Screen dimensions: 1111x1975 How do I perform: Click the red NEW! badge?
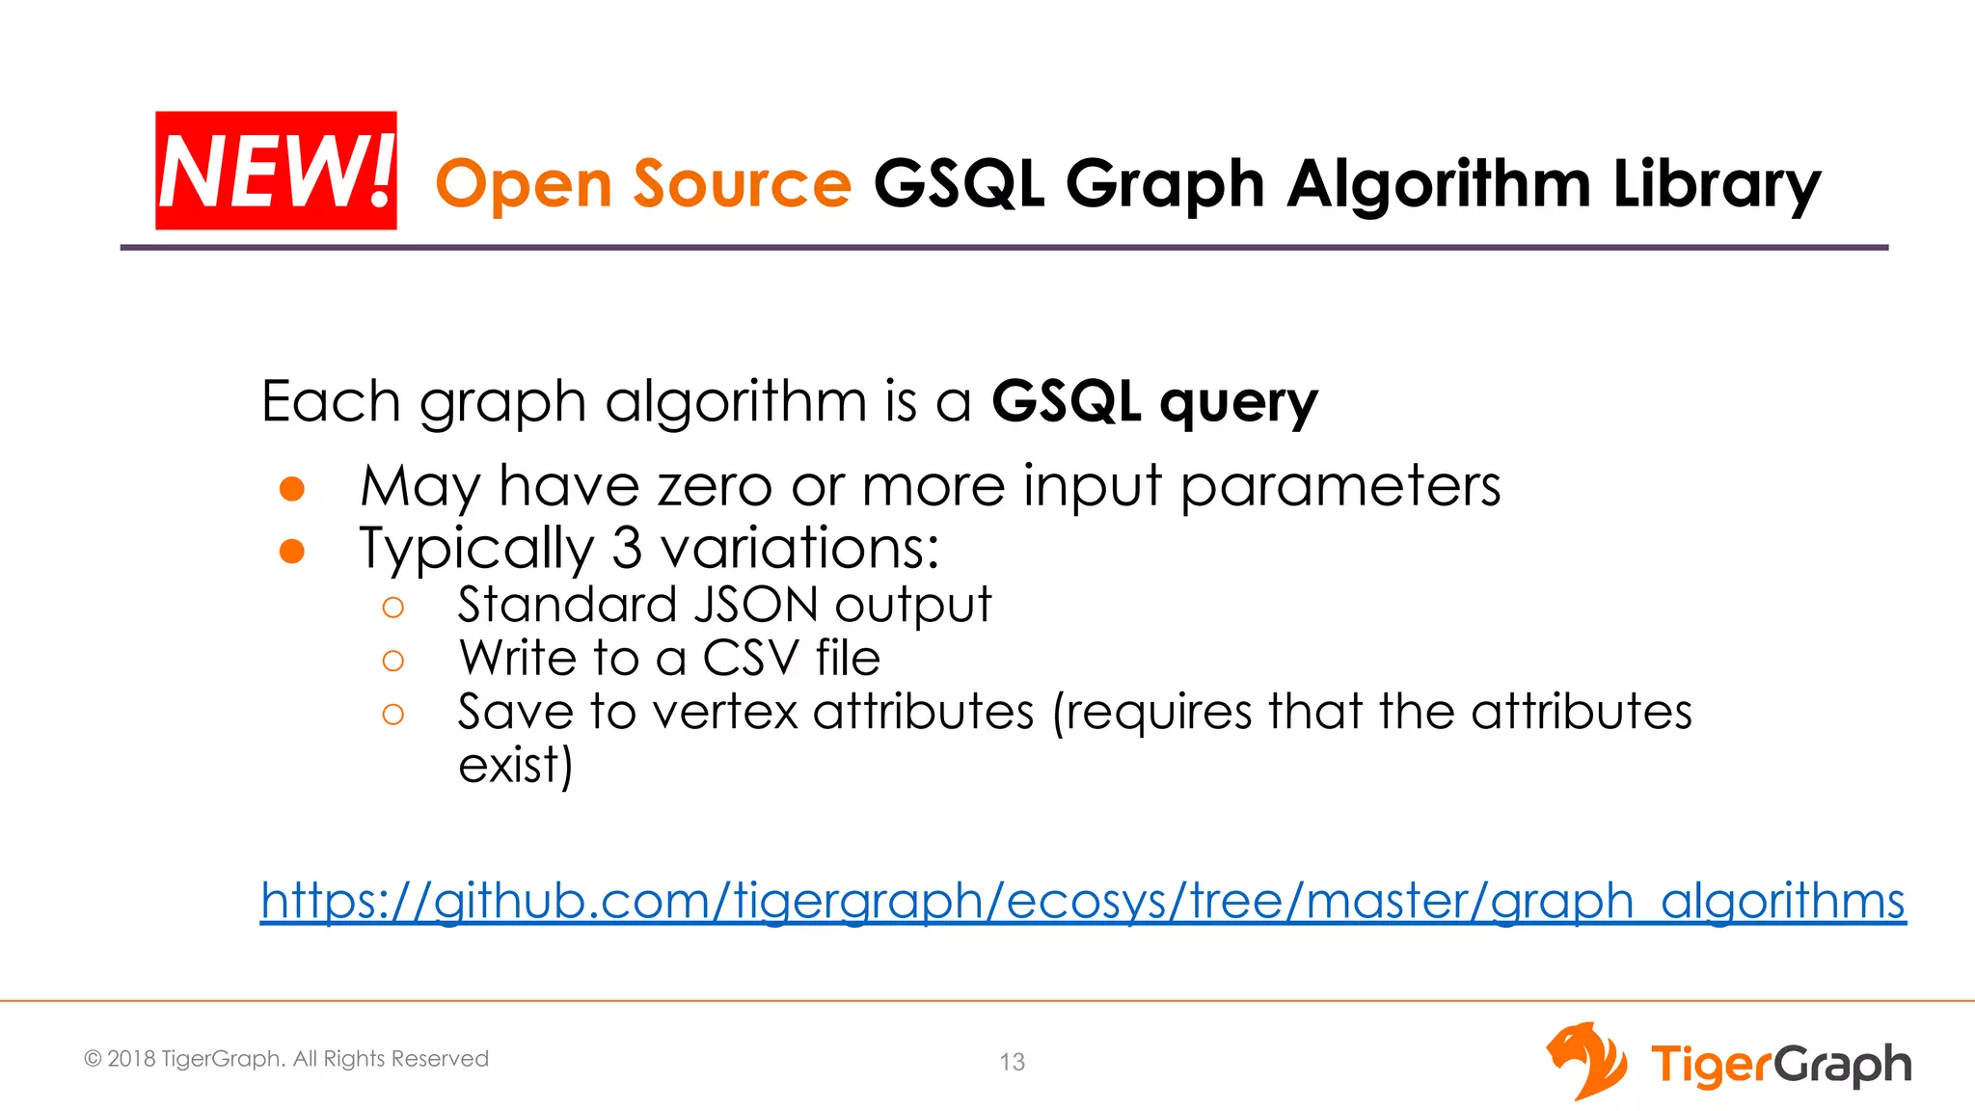(x=276, y=171)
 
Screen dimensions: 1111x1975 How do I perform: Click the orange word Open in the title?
(x=523, y=183)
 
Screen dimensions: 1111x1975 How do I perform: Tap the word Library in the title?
(x=1717, y=183)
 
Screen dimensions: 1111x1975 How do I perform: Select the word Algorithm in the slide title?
(x=1439, y=183)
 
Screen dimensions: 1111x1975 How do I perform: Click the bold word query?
(x=1238, y=403)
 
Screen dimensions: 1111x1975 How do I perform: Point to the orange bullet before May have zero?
(x=292, y=489)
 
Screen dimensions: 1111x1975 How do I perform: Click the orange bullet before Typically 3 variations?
(x=292, y=551)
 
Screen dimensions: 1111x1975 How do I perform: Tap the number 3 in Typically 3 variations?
(x=627, y=548)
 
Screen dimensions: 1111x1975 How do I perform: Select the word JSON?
(x=756, y=606)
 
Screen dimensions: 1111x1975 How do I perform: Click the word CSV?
(x=750, y=659)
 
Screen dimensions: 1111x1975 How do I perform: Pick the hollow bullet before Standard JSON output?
(x=392, y=608)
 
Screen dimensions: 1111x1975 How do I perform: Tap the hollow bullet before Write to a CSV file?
(x=392, y=661)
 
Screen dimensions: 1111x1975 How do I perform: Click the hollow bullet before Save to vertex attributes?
(x=392, y=715)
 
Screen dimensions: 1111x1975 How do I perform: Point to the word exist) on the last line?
(x=515, y=766)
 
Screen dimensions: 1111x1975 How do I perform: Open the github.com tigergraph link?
(x=1082, y=901)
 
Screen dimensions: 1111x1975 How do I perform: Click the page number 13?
(x=1012, y=1062)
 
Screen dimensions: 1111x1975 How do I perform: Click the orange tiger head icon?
(x=1585, y=1061)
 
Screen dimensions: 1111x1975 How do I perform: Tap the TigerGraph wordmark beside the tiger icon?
(x=1780, y=1065)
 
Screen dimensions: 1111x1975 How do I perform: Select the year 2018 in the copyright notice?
(x=131, y=1059)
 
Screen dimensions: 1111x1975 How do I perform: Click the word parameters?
(x=1340, y=485)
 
